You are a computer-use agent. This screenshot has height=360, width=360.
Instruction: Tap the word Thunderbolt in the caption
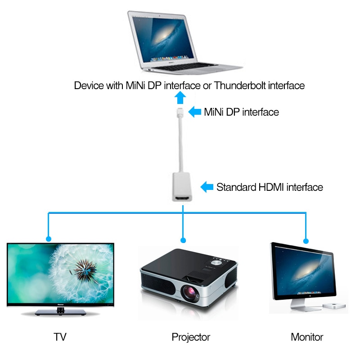[x=238, y=85]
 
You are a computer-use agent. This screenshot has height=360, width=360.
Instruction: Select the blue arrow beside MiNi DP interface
[x=194, y=112]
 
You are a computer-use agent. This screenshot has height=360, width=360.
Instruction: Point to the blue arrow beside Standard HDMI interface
[x=207, y=187]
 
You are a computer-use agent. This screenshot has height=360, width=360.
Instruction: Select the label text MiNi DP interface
[x=241, y=112]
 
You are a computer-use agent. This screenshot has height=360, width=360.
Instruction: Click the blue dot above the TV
[x=48, y=239]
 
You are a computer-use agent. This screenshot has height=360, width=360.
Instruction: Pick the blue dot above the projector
[x=182, y=239]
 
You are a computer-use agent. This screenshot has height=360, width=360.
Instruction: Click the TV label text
[x=60, y=337]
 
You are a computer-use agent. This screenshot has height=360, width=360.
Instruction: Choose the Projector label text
[x=191, y=337]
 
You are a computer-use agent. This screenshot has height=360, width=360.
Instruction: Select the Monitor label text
[x=307, y=337]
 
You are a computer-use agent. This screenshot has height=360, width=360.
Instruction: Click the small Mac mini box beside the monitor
[x=335, y=306]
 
